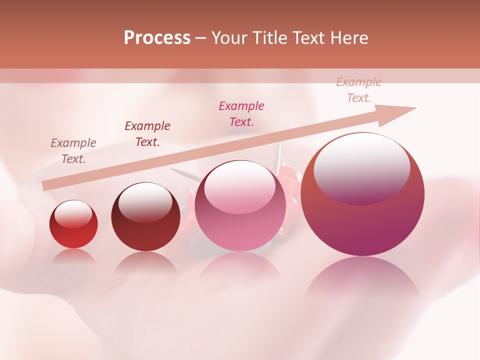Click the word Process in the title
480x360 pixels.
pos(157,38)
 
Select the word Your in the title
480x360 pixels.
pos(229,38)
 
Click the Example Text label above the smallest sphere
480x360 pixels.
pos(73,151)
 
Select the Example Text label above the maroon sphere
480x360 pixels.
pos(147,134)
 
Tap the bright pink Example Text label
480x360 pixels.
pos(241,114)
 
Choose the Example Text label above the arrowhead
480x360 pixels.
pos(359,90)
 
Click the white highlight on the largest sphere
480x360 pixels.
pos(361,167)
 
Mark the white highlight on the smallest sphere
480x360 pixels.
pos(73,214)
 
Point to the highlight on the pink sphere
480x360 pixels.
pos(239,186)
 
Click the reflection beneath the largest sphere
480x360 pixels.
pos(362,280)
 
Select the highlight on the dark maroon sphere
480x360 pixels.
pos(145,201)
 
